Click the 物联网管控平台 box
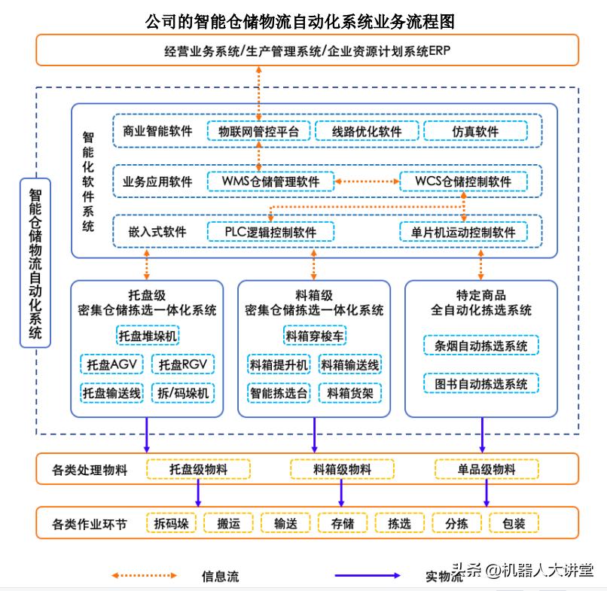[258, 131]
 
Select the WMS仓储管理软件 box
[270, 181]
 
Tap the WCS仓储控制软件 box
[462, 181]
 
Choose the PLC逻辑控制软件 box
[270, 232]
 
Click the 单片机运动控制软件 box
[463, 232]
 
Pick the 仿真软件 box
[475, 131]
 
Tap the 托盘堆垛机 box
[148, 336]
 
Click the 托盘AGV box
[111, 364]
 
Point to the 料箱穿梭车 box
[315, 336]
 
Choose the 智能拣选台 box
[278, 392]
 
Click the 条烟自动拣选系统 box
[481, 346]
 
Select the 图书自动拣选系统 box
[481, 384]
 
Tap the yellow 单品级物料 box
[486, 470]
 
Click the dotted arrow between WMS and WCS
[367, 181]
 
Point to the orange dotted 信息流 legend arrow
[145, 576]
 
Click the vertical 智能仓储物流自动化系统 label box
[35, 263]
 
